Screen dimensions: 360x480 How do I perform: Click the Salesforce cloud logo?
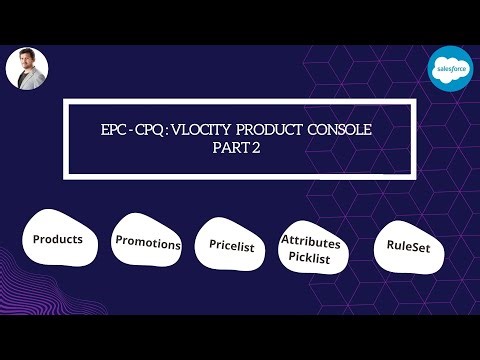point(449,67)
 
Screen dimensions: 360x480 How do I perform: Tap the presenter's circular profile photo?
point(27,69)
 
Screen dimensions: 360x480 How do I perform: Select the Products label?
point(58,240)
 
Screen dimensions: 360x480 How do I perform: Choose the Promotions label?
point(148,243)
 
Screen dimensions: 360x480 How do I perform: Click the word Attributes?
point(311,242)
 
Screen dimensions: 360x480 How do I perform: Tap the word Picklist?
point(311,257)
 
